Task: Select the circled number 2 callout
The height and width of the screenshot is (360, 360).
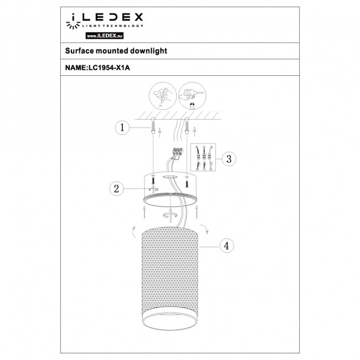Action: (x=116, y=188)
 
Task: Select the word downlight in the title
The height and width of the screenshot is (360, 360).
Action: (x=149, y=50)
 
